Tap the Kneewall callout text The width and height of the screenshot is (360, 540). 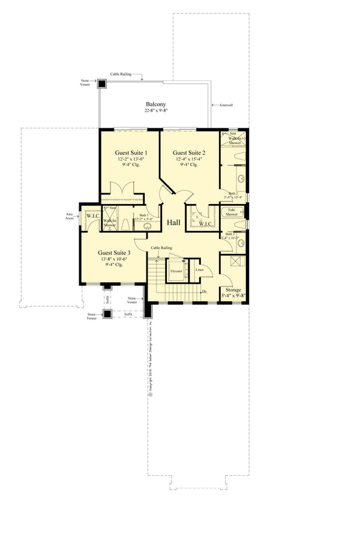tap(226, 104)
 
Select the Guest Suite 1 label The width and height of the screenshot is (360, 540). tap(131, 153)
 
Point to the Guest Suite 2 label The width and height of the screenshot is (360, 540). tap(189, 153)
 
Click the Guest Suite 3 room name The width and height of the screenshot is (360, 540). tap(114, 253)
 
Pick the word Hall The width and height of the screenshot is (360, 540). tap(173, 222)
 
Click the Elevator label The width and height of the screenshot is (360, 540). tap(176, 271)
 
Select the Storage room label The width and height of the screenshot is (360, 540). tap(233, 290)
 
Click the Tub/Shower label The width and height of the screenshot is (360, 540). tap(232, 212)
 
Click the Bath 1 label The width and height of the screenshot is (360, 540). tap(144, 215)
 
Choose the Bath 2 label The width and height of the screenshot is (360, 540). tap(233, 193)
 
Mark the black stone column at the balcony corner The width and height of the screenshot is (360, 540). tap(102, 83)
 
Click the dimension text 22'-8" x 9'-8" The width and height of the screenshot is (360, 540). tap(155, 111)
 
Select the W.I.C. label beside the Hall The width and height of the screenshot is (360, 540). tap(205, 224)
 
